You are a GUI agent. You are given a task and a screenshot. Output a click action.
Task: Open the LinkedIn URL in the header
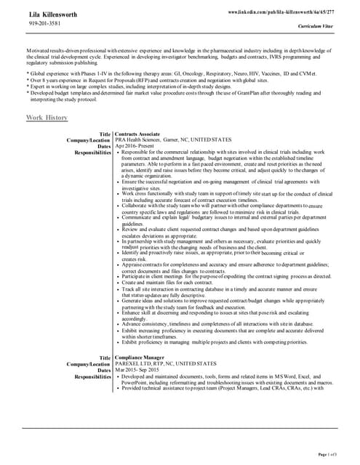(x=281, y=12)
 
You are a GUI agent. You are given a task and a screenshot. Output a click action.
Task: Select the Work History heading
(x=47, y=117)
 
